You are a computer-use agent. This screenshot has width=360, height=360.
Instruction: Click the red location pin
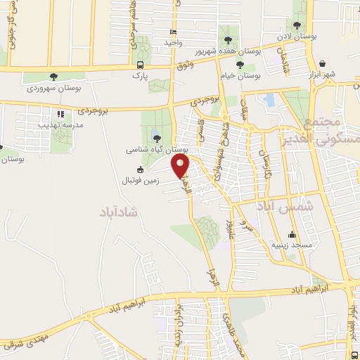[x=181, y=166]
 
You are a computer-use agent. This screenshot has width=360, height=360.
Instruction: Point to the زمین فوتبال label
[x=139, y=180]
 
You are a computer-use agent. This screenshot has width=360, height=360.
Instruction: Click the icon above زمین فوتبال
[x=139, y=169]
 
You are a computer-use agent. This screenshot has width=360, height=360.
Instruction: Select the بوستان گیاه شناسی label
[x=156, y=150]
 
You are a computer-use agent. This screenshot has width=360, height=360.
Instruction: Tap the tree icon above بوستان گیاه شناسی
[x=156, y=138]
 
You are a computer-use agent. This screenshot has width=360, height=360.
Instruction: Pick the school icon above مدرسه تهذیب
[x=60, y=113]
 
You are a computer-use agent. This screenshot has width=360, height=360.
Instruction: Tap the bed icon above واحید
[x=173, y=32]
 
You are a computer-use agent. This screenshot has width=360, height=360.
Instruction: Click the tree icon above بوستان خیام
[x=241, y=62]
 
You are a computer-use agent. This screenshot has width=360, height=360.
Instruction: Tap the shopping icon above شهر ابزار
[x=322, y=63]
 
